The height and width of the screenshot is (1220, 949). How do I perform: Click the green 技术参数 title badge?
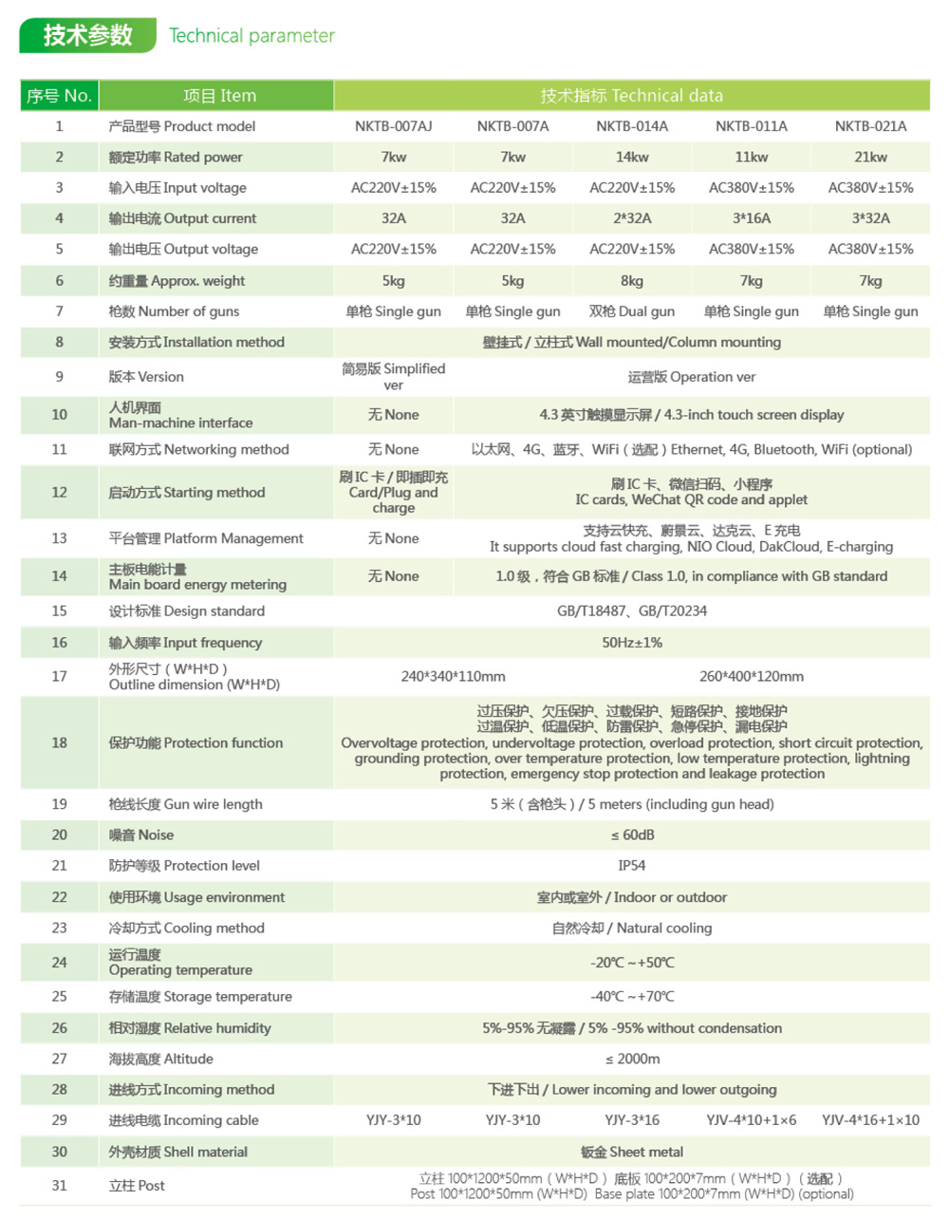pyautogui.click(x=87, y=35)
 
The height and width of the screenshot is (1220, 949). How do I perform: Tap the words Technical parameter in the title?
pyautogui.click(x=251, y=36)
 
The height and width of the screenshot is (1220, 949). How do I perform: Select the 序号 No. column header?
pyautogui.click(x=59, y=96)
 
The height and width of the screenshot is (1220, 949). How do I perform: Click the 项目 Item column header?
pyautogui.click(x=219, y=96)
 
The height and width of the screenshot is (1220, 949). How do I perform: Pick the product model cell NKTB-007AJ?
pyautogui.click(x=393, y=126)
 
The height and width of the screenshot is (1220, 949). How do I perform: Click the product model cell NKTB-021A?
pyautogui.click(x=870, y=126)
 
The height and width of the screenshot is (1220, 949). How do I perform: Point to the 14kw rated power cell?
pyautogui.click(x=632, y=158)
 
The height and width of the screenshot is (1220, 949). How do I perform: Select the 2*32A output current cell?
pyautogui.click(x=632, y=218)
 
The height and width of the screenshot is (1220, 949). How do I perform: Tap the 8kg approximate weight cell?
pyautogui.click(x=632, y=281)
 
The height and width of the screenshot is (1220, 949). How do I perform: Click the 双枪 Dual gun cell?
pyautogui.click(x=632, y=311)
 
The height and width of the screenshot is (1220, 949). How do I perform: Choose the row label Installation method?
pyautogui.click(x=196, y=343)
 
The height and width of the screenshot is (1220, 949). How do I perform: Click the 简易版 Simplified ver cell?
pyautogui.click(x=393, y=377)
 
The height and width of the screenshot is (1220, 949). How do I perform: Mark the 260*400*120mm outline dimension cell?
pyautogui.click(x=751, y=677)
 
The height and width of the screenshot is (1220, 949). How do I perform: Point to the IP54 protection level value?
pyautogui.click(x=632, y=866)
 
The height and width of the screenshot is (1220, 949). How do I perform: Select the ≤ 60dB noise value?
pyautogui.click(x=632, y=835)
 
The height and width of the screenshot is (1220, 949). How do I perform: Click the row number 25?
pyautogui.click(x=59, y=997)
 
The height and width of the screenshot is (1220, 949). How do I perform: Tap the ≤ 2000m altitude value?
pyautogui.click(x=632, y=1060)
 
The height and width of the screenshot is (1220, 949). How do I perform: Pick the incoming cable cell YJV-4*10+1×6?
pyautogui.click(x=751, y=1121)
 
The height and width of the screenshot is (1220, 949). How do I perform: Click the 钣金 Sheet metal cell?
pyautogui.click(x=632, y=1153)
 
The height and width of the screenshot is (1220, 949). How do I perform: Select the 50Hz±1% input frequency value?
pyautogui.click(x=632, y=643)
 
